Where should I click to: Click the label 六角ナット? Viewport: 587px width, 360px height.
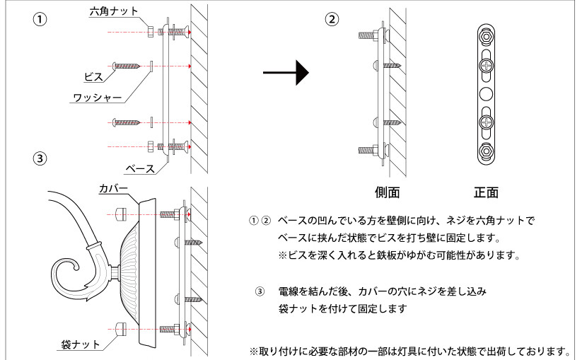click(114, 11)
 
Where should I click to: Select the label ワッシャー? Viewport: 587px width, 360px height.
click(96, 98)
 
